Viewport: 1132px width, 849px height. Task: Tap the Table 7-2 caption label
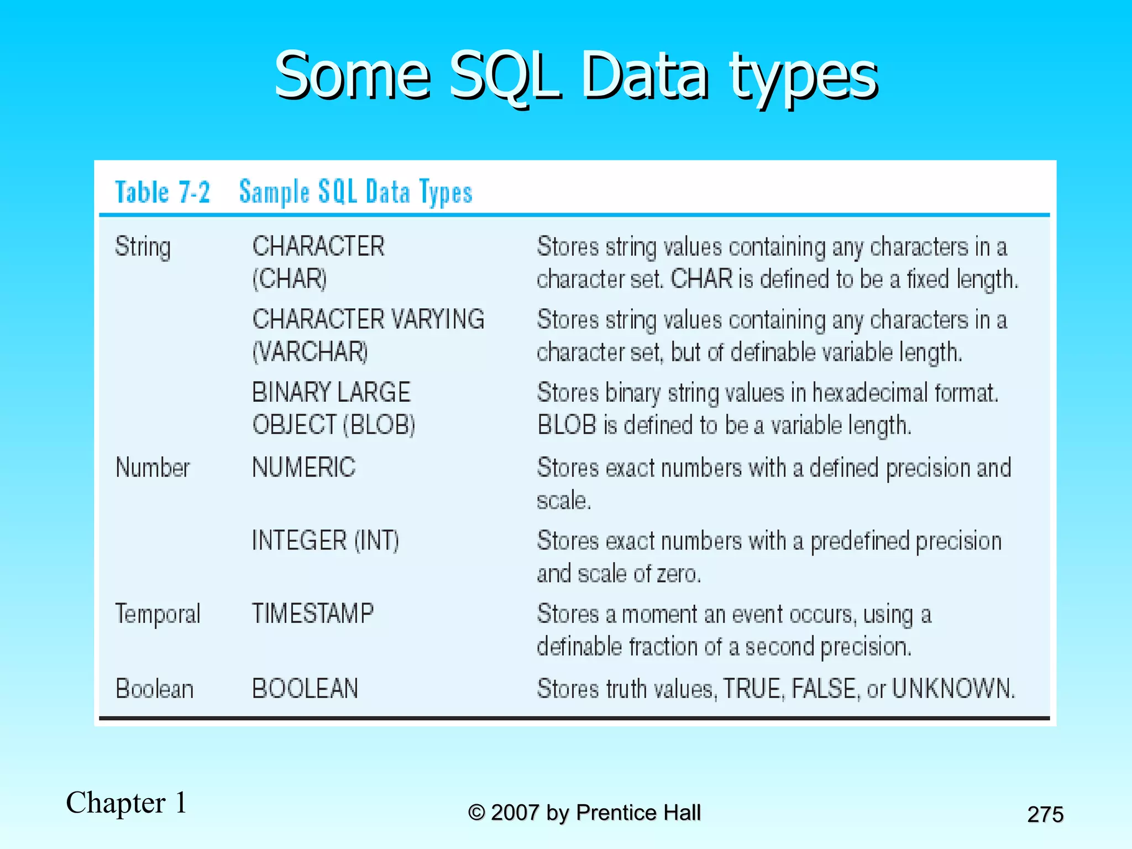[163, 192]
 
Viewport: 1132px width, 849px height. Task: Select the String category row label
[143, 247]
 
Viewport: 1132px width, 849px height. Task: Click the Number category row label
[153, 468]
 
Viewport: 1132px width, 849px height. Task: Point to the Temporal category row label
[158, 614]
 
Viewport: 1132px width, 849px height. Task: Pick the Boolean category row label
[154, 689]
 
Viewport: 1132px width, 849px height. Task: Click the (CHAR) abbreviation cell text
[290, 279]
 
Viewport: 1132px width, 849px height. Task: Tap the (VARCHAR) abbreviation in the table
[310, 352]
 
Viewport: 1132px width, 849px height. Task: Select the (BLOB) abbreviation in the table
[379, 425]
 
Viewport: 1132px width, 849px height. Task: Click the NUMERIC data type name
[303, 468]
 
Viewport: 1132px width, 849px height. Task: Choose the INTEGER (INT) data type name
[325, 541]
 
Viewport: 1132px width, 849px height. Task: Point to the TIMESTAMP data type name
[313, 614]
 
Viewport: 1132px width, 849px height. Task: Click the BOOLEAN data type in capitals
[305, 689]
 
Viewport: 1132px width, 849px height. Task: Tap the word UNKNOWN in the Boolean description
[953, 689]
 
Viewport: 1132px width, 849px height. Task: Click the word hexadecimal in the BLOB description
[870, 393]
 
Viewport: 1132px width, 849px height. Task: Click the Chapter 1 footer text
[127, 803]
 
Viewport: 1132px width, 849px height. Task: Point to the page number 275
[1045, 814]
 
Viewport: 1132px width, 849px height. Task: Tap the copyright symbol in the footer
[476, 813]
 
